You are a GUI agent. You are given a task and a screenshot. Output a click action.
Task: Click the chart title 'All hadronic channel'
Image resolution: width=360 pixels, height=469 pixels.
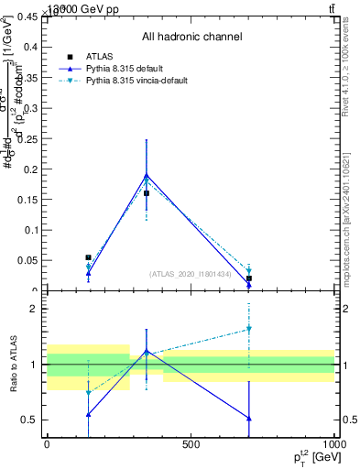191,37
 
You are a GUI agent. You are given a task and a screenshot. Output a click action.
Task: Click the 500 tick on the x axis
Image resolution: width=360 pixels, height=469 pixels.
191,443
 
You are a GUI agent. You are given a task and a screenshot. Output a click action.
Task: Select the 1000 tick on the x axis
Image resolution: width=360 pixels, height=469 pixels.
333,443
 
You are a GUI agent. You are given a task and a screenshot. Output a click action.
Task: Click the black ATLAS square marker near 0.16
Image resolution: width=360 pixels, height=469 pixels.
147,193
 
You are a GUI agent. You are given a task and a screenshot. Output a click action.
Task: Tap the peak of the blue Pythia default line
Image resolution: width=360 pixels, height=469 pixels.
147,175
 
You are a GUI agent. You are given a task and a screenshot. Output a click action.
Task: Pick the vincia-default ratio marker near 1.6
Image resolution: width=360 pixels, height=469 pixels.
248,329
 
